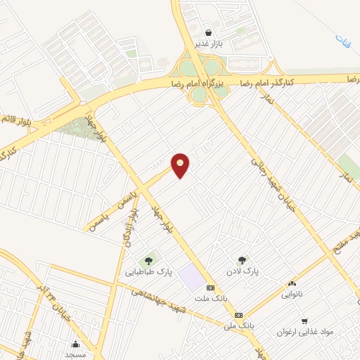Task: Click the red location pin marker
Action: tap(181, 165)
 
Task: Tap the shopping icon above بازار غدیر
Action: tap(208, 32)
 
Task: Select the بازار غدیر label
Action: tap(209, 44)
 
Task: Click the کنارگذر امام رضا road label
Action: tap(268, 81)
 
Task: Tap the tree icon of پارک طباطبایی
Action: tap(149, 261)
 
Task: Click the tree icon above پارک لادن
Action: tap(243, 260)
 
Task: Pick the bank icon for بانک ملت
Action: tap(210, 288)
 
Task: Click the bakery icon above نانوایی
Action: tap(292, 283)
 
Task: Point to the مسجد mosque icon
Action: tap(76, 344)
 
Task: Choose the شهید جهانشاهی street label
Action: tap(182, 305)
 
